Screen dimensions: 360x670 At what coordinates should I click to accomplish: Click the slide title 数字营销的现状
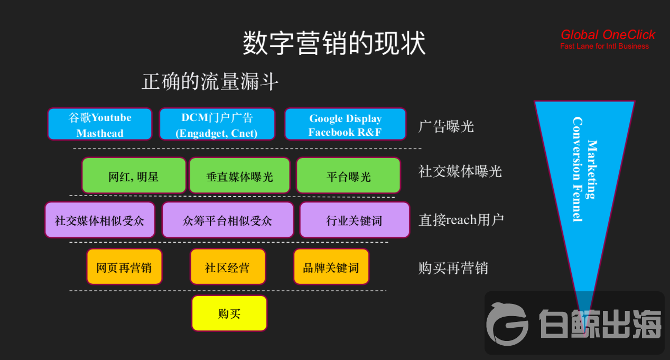334,43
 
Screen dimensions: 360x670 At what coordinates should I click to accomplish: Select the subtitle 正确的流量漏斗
210,82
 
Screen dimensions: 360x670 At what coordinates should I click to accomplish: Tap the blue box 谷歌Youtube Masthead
100,125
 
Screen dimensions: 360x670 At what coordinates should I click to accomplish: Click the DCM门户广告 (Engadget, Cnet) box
217,125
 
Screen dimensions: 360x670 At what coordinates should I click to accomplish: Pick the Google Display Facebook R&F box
345,125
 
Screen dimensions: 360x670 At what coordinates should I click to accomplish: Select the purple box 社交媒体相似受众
100,220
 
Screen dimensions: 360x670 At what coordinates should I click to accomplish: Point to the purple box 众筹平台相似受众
227,220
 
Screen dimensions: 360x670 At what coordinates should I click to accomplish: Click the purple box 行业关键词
355,220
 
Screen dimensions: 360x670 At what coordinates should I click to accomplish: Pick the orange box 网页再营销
124,267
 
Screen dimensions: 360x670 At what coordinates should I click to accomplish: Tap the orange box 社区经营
227,267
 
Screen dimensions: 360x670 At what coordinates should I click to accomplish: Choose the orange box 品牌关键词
331,267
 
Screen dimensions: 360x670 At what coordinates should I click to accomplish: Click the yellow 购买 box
229,313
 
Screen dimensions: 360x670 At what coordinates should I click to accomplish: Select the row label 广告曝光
446,126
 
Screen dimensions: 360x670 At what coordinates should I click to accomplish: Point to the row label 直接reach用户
461,219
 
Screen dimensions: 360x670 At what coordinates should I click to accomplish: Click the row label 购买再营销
453,268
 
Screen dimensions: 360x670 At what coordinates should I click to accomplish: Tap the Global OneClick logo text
608,35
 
